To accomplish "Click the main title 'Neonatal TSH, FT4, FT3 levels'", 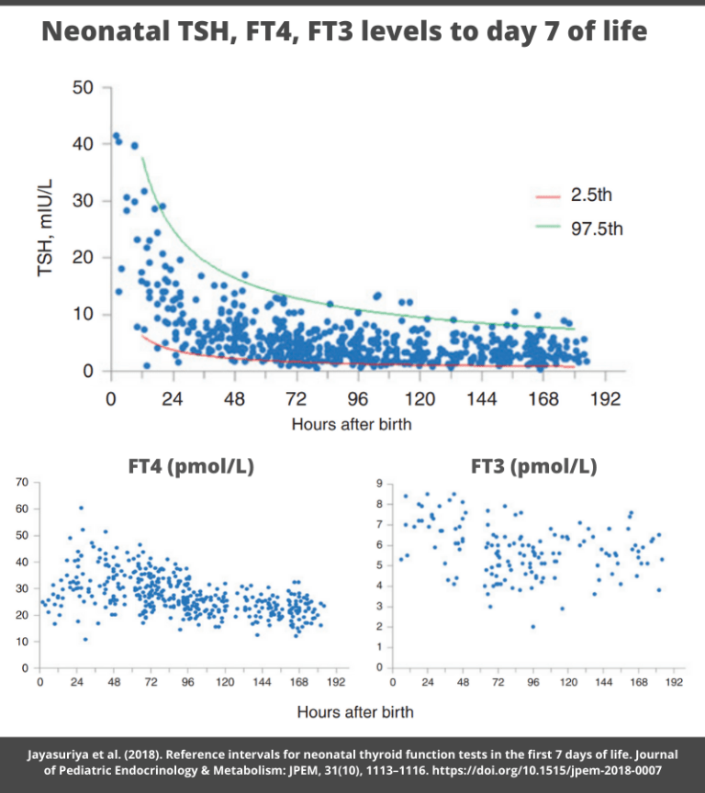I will point(344,33).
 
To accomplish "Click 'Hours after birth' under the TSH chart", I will point(352,424).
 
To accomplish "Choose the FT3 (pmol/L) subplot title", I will point(533,466).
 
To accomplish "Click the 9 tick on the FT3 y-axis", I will point(368,483).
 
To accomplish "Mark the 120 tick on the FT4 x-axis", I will point(225,684).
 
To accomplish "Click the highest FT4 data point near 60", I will point(81,508).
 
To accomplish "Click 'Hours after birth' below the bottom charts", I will point(355,711).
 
